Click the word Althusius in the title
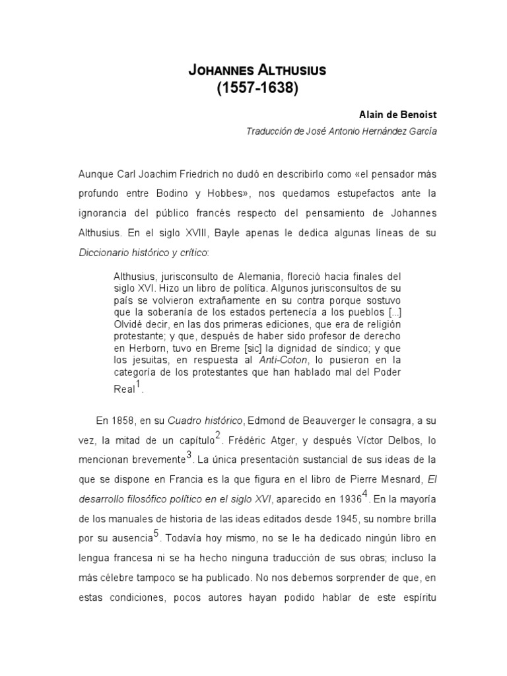[289, 70]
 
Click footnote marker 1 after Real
[138, 384]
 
